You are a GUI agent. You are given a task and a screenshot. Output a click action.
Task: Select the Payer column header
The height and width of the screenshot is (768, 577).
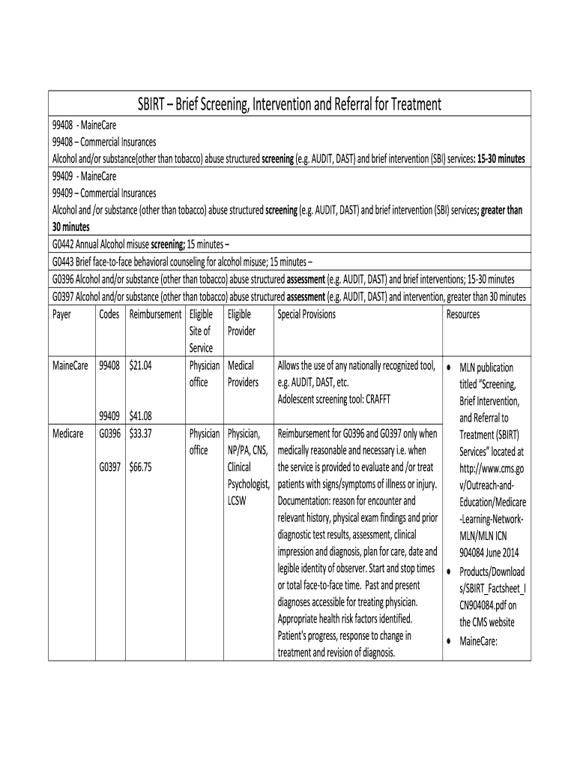[61, 314]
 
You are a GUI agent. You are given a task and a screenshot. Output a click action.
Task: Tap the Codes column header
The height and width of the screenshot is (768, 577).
[109, 314]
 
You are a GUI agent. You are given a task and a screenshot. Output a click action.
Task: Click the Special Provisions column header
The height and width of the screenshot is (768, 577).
[306, 314]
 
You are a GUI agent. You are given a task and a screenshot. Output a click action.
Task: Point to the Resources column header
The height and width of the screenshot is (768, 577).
[462, 314]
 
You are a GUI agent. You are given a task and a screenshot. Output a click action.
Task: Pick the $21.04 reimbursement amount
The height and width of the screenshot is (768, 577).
[141, 365]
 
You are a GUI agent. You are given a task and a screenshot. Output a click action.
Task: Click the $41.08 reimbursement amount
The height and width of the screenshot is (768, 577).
[141, 415]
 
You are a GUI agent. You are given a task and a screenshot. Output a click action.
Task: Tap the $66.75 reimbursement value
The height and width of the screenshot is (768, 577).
[141, 466]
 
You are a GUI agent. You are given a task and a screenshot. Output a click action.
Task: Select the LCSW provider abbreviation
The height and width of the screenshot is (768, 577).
[240, 500]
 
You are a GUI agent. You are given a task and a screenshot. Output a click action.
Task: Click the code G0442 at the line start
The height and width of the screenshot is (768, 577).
[65, 244]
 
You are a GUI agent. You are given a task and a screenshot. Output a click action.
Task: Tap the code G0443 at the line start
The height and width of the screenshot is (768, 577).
[65, 261]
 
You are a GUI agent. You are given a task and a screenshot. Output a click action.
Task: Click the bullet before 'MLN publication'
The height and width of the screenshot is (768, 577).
[447, 367]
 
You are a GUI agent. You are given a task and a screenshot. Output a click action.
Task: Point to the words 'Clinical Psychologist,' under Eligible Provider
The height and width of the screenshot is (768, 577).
[248, 475]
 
